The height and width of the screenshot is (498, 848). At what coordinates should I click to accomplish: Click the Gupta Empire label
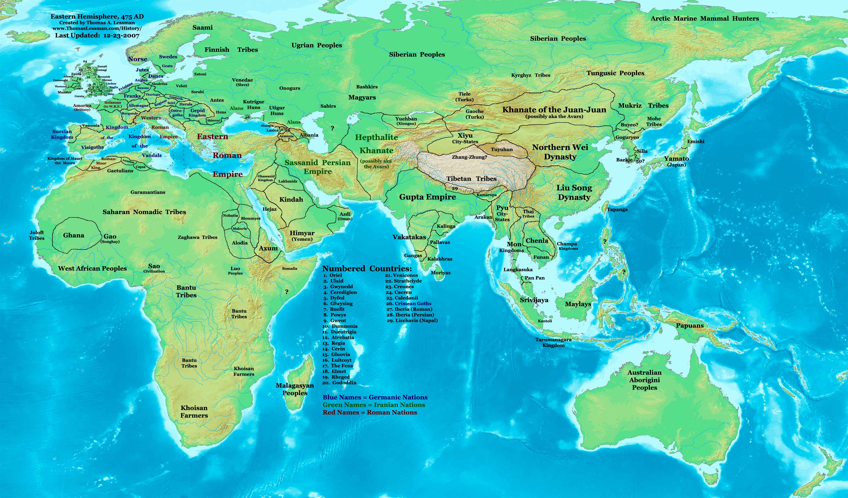point(427,197)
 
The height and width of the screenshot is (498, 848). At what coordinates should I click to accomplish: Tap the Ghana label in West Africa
point(74,235)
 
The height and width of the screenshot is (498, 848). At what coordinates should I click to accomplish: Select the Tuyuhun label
point(502,149)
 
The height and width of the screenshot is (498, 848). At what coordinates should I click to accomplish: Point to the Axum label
point(268,248)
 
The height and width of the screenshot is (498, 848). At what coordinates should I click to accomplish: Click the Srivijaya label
point(534,300)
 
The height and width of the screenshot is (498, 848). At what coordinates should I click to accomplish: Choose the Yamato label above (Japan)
point(676,159)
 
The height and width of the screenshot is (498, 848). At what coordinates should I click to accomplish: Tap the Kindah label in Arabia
point(291,199)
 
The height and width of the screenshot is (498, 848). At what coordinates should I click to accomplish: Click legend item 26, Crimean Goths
point(409,304)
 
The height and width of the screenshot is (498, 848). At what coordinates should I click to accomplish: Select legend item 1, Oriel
point(333,275)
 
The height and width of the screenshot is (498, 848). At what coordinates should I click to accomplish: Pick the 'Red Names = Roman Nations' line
point(370,412)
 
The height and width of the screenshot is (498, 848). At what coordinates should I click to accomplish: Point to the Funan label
point(541,257)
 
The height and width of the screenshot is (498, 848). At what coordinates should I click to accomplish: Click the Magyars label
point(362,98)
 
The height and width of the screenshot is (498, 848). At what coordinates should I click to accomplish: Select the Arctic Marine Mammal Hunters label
point(705,19)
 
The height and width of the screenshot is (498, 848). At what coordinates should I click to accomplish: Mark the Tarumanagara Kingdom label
point(554,343)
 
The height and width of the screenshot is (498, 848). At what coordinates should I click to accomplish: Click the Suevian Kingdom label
point(62,134)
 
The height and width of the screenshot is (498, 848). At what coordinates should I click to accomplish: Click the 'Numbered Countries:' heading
point(367,268)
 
